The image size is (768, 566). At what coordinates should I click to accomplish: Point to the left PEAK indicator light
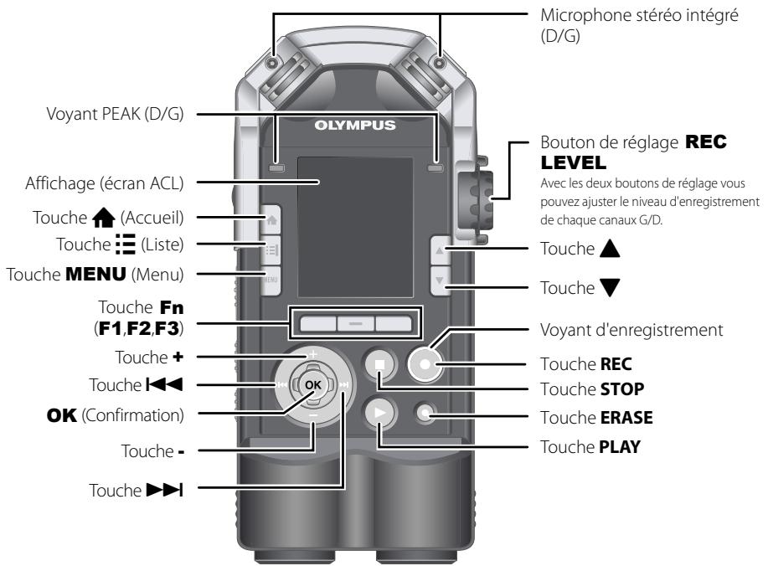(x=276, y=168)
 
